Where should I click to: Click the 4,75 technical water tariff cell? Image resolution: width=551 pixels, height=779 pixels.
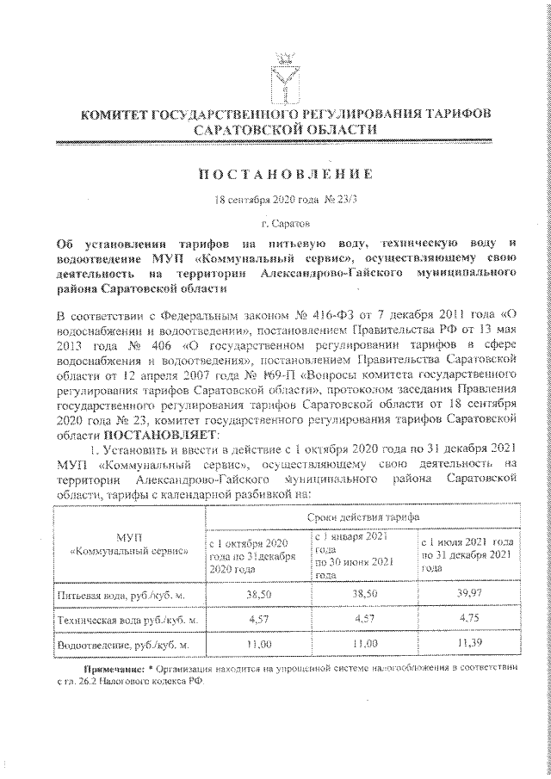[468, 618]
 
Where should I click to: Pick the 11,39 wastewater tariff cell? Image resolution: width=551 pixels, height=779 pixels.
[468, 643]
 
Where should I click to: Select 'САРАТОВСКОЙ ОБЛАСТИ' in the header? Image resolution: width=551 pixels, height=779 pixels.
[285, 128]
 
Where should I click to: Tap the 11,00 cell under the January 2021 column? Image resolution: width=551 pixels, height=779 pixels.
[365, 643]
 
